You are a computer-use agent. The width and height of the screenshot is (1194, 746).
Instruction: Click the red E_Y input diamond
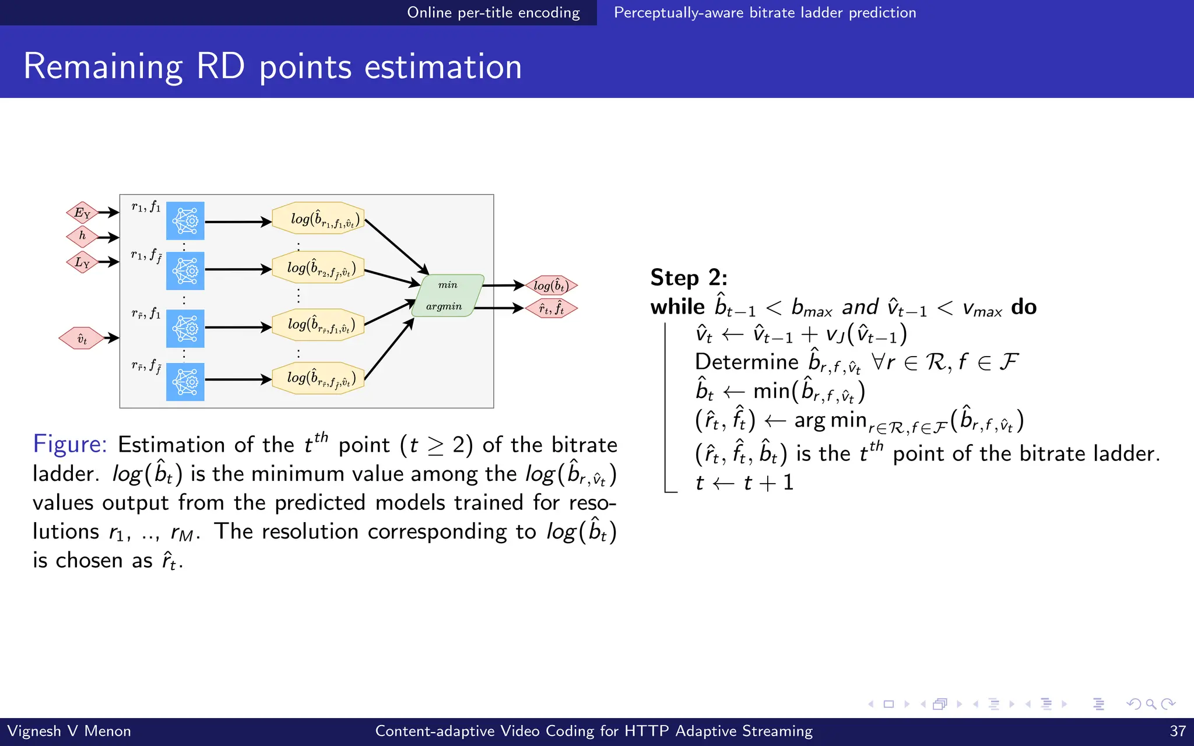[x=82, y=212]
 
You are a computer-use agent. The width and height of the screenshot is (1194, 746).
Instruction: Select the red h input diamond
[x=82, y=236]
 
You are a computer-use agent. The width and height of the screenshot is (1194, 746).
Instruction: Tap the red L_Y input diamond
[x=82, y=262]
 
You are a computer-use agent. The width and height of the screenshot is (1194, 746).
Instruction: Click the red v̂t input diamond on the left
[x=82, y=338]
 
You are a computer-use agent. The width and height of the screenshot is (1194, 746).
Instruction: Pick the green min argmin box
[x=447, y=295]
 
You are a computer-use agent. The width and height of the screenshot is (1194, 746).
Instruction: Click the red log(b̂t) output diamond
[x=551, y=286]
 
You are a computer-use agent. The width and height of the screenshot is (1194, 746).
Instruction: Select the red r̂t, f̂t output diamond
[x=551, y=308]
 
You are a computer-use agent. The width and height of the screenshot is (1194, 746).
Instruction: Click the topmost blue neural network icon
[x=185, y=221]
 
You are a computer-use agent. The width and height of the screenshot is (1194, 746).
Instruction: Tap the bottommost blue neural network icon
[x=185, y=382]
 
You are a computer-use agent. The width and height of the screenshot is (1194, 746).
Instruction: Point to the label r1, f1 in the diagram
[x=146, y=206]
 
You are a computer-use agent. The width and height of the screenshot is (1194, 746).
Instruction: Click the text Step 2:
[x=689, y=277]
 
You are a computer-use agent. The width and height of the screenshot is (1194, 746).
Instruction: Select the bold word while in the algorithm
[x=677, y=307]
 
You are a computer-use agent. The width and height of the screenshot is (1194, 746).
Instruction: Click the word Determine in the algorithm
[x=746, y=362]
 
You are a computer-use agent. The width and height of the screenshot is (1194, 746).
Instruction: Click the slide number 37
[x=1178, y=731]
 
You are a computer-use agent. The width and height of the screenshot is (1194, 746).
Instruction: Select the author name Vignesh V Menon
[x=69, y=731]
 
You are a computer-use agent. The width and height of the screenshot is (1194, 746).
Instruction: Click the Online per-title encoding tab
[x=493, y=12]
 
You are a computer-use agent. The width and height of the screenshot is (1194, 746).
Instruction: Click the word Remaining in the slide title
[x=103, y=66]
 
